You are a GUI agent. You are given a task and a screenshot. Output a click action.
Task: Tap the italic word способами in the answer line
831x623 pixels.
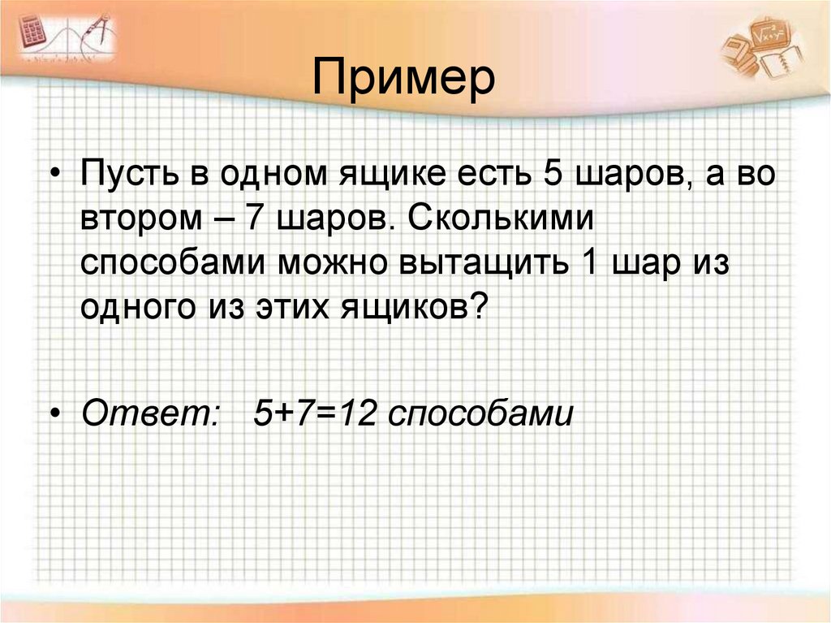(480, 414)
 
